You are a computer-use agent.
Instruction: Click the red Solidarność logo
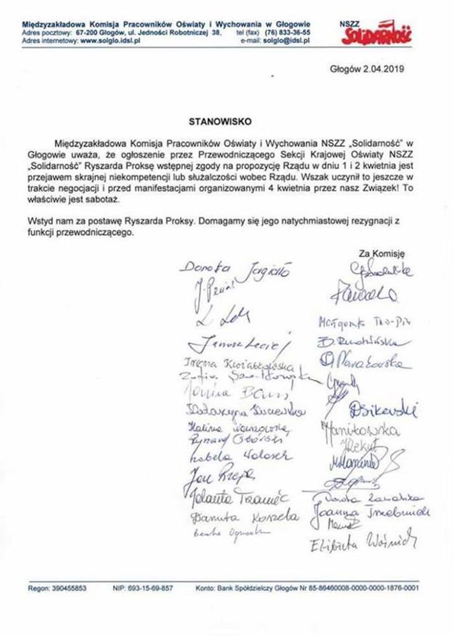click(376, 35)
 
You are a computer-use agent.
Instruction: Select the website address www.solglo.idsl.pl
click(111, 40)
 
